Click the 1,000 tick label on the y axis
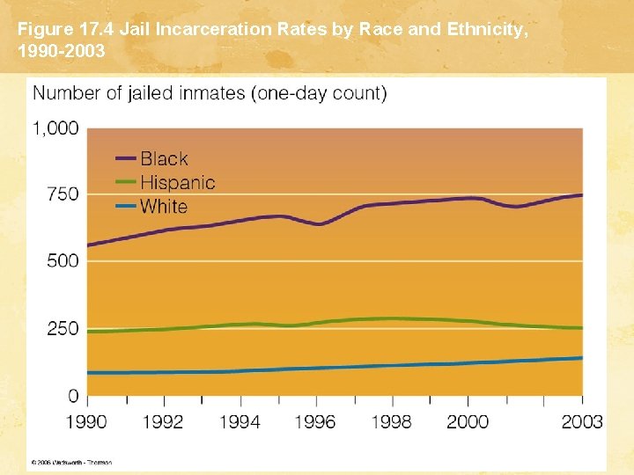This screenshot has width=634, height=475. point(55,128)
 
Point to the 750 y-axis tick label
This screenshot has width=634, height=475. point(62,194)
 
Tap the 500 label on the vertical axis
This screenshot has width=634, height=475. point(62,261)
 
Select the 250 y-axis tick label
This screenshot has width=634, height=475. point(62,329)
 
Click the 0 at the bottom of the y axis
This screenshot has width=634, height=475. point(73,396)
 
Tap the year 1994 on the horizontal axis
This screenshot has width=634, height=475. point(239,422)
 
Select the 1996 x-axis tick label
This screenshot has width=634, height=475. point(314,422)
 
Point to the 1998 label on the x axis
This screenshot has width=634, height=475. point(391,422)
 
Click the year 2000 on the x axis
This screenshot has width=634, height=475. point(467,422)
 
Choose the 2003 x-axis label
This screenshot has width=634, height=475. point(581,422)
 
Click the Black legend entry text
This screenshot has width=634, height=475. point(164,159)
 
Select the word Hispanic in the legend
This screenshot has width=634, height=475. point(177,183)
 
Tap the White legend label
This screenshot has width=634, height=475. point(164,207)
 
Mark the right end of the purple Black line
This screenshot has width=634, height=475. point(582,194)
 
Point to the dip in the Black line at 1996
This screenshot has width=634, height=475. point(318,224)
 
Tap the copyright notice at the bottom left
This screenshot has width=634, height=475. point(71,462)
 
